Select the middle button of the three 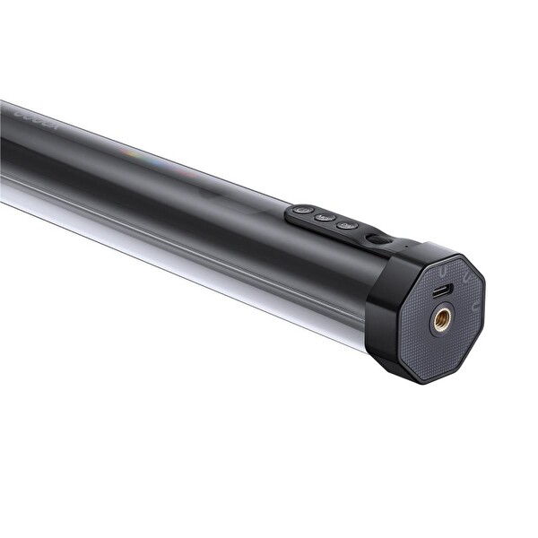325,218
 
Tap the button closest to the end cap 347,225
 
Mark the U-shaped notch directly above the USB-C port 446,266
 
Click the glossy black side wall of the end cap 381,314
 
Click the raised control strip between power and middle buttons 314,215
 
